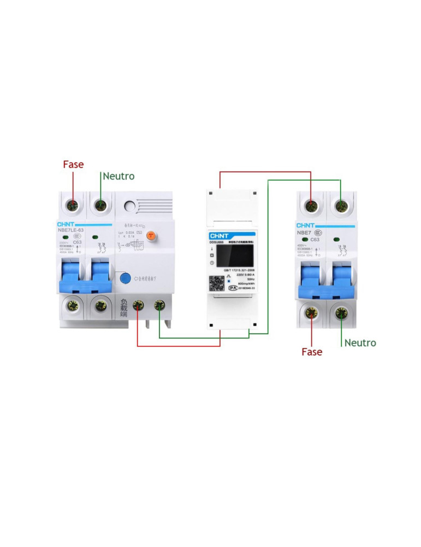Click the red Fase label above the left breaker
[x=73, y=164]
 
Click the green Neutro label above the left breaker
[x=118, y=176]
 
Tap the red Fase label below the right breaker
[x=312, y=352]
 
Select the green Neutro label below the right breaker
[x=360, y=343]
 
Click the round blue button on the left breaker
[x=125, y=278]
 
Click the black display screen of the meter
[x=236, y=255]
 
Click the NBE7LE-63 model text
[x=71, y=230]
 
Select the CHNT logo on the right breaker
[x=305, y=225]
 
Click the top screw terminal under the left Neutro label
[x=100, y=205]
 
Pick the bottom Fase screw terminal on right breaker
[x=312, y=313]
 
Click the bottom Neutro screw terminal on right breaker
[x=342, y=313]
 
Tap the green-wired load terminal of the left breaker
[x=159, y=306]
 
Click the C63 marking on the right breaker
[x=315, y=240]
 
